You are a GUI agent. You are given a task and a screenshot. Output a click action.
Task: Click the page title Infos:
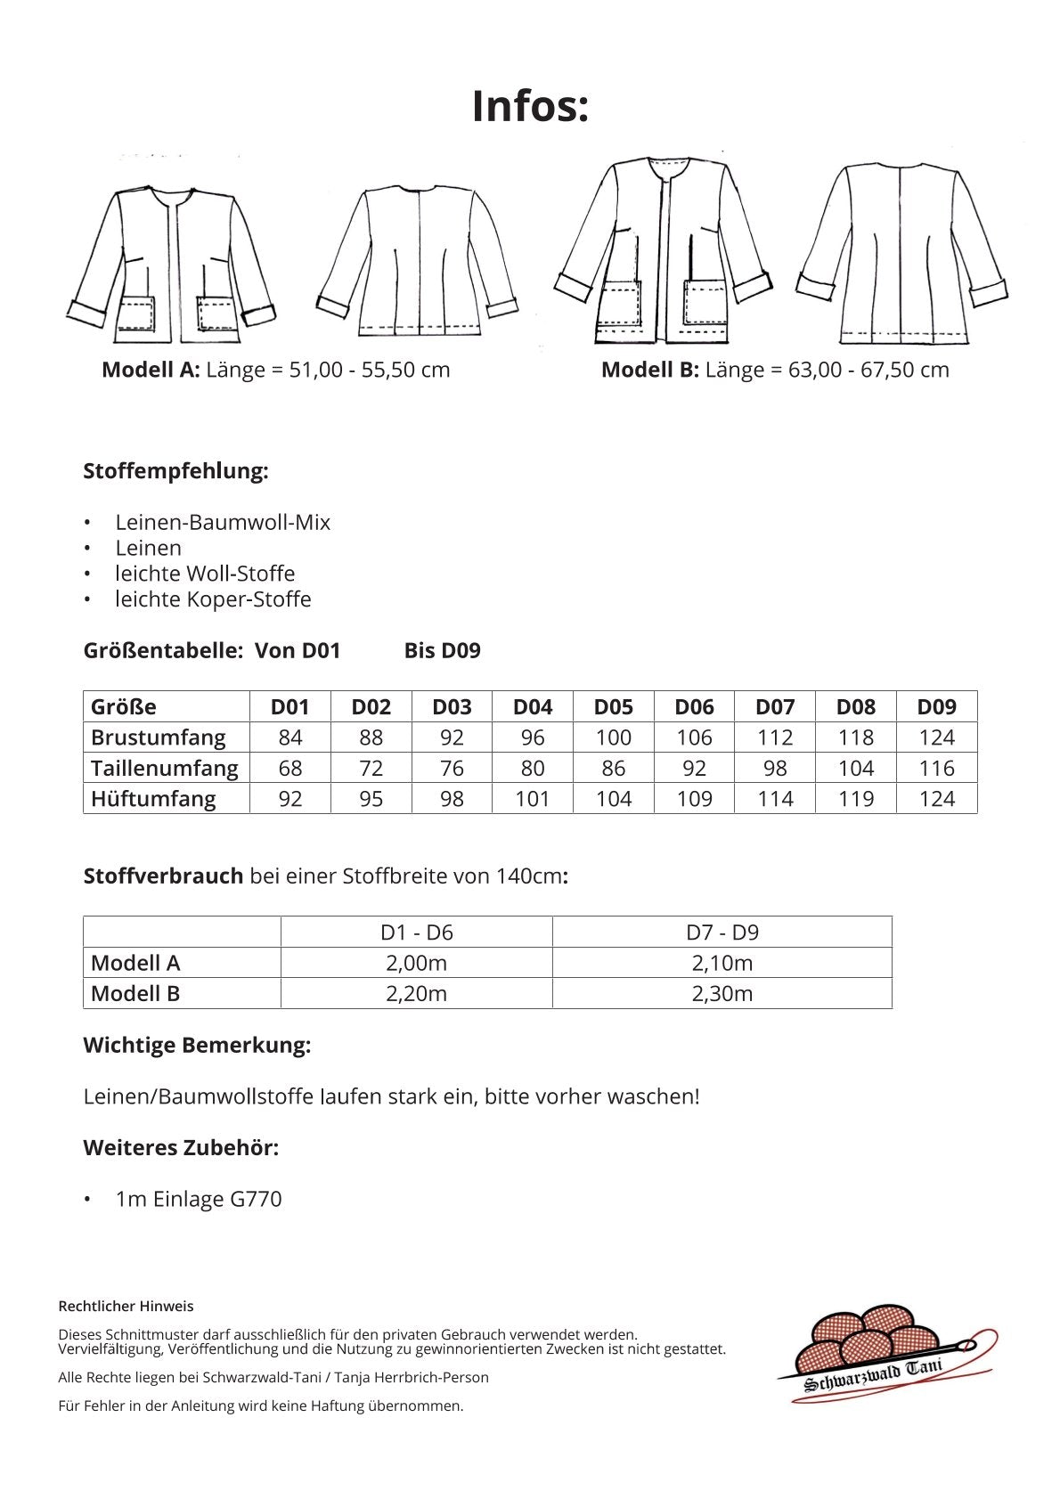pos(530,106)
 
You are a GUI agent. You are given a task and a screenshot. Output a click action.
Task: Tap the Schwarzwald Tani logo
pos(886,1355)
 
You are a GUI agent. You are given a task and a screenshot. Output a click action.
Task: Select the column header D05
pos(613,707)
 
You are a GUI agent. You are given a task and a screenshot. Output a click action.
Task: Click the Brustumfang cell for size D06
pos(694,737)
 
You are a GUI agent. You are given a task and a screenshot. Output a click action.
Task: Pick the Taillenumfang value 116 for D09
pos(936,768)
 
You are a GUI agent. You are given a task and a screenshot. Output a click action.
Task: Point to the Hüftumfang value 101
pos(532,799)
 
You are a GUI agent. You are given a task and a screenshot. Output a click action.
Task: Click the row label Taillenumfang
pos(165,768)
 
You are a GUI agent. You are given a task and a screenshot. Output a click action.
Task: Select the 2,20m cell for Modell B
pos(416,993)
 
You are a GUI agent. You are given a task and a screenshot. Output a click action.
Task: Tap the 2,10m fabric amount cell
pos(722,963)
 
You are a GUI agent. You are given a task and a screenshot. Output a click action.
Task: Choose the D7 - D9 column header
pos(722,933)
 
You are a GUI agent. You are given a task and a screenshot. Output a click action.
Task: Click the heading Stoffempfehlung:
pos(175,471)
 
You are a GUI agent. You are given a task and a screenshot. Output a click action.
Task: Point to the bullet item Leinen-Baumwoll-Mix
pos(223,523)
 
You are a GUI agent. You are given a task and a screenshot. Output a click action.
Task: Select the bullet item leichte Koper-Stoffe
pos(213,599)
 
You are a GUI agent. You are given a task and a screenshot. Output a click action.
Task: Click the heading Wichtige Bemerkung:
pos(197,1045)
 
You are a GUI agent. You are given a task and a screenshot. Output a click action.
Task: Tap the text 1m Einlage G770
pos(199,1199)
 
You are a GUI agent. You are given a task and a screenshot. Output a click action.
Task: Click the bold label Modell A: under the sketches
pos(151,370)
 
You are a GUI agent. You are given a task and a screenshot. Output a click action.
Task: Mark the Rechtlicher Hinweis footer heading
pos(126,1307)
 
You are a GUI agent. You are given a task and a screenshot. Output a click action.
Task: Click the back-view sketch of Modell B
pos(901,254)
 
